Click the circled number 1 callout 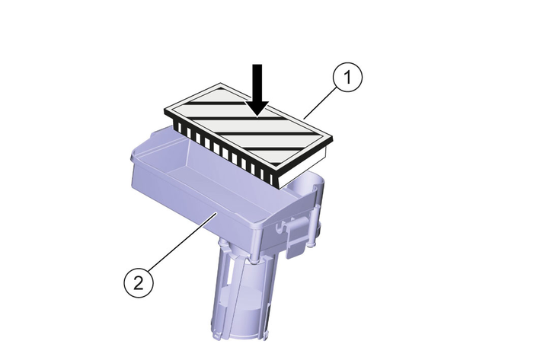point(347,77)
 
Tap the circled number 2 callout point(139,284)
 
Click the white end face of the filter point(303,166)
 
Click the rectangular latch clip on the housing point(296,237)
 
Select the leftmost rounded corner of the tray point(133,157)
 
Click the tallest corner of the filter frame point(220,84)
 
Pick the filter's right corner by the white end point(331,139)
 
